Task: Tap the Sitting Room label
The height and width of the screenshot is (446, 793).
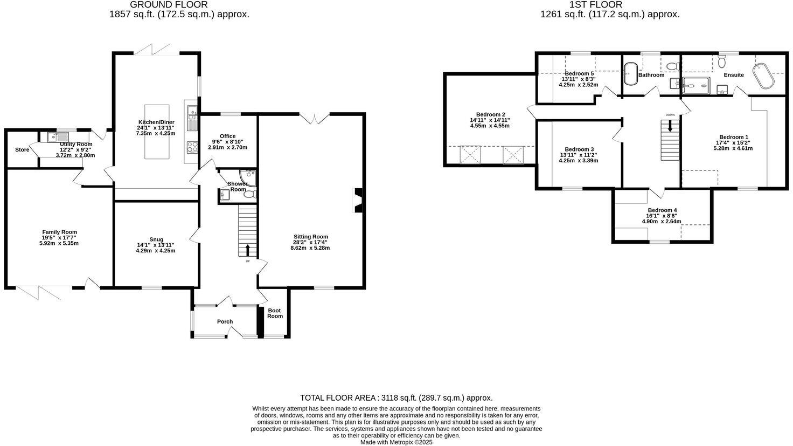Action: [x=310, y=237]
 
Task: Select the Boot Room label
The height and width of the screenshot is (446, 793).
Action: [x=275, y=313]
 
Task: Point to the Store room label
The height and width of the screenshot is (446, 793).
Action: [x=22, y=149]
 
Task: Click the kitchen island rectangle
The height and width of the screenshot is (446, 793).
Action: [x=157, y=132]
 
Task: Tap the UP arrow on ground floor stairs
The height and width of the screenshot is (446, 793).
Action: [x=248, y=250]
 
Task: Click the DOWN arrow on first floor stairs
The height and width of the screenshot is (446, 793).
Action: [x=670, y=126]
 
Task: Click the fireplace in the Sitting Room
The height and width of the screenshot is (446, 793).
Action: [x=358, y=200]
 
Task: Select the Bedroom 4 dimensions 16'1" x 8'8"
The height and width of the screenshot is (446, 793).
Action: [x=662, y=216]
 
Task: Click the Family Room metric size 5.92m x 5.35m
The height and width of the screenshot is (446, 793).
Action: [x=60, y=243]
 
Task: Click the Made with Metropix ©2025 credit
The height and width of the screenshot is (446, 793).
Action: [x=396, y=442]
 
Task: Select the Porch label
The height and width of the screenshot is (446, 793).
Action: [x=225, y=321]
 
